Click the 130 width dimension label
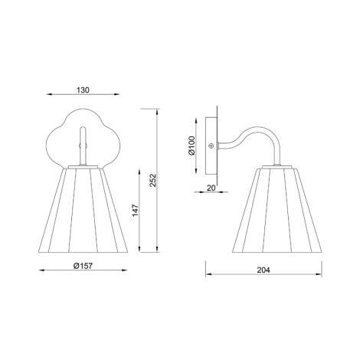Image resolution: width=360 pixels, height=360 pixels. click(x=83, y=90)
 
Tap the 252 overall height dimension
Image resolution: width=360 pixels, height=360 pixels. click(x=152, y=180)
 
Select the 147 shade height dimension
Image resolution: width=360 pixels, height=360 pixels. click(x=136, y=210)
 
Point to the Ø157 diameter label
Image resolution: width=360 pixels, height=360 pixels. click(x=83, y=266)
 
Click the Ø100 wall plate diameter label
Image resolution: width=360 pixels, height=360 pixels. click(x=191, y=146)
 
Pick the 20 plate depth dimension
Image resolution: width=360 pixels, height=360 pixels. click(x=211, y=188)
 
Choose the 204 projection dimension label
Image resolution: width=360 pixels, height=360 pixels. click(x=263, y=270)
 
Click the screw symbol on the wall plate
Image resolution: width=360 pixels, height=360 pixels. click(x=211, y=146)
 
